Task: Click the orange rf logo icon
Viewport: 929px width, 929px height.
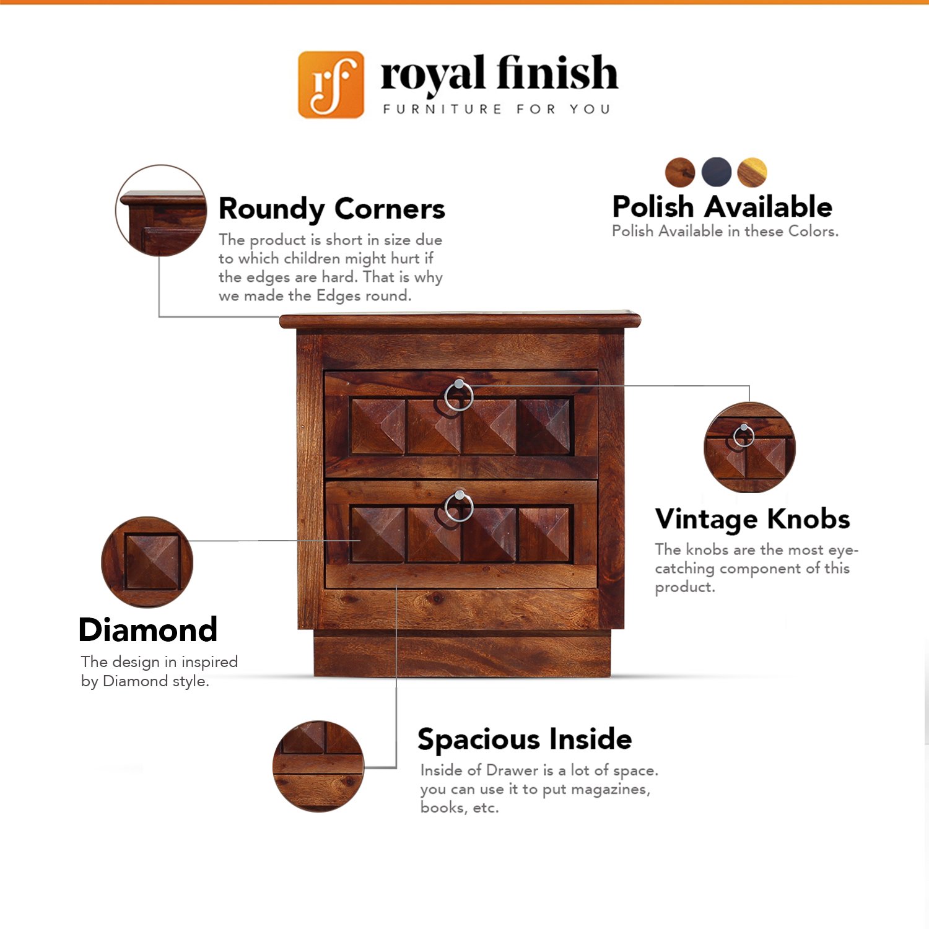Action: (x=331, y=84)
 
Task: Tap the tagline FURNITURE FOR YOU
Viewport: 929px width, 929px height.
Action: (x=497, y=110)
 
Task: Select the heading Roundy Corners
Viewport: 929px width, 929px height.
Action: (x=332, y=209)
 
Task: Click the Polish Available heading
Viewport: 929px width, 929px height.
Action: (x=722, y=206)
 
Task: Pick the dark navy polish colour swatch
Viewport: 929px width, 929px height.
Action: (x=717, y=172)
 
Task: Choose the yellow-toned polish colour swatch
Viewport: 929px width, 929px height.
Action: (x=752, y=172)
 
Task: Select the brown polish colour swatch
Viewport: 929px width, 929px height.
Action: (x=680, y=172)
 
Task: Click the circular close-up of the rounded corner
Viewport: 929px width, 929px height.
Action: (x=161, y=211)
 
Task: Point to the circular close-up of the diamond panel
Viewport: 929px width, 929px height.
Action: (x=147, y=562)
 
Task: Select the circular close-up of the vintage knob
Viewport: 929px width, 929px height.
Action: (x=749, y=447)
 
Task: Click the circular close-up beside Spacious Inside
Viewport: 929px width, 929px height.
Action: (x=318, y=766)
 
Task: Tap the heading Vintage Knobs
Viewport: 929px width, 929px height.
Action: (x=752, y=520)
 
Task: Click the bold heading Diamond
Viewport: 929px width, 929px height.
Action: (x=148, y=630)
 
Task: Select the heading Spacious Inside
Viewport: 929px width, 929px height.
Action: (x=525, y=739)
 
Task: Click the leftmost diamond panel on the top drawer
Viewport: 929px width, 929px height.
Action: (x=378, y=426)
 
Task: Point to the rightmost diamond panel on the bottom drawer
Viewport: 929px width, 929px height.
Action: (x=544, y=534)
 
